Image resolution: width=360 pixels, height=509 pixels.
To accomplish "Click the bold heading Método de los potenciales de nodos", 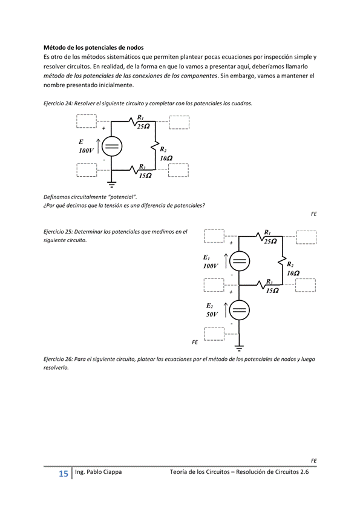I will [x=94, y=47].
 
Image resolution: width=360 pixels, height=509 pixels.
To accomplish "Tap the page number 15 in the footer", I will [x=63, y=473].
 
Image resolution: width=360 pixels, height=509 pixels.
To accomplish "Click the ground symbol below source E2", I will [x=240, y=348].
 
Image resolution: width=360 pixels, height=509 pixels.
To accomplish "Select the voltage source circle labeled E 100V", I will [x=112, y=146].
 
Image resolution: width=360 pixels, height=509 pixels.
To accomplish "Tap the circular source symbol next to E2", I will [x=240, y=310].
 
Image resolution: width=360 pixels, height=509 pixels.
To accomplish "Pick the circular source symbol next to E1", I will [x=240, y=261].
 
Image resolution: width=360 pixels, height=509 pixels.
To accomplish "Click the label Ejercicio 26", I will [x=58, y=359].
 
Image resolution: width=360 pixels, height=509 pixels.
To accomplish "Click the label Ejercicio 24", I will [x=58, y=103].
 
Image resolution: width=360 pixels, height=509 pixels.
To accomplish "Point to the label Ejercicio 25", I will [x=58, y=231].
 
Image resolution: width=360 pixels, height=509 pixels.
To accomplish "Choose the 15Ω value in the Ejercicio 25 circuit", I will [x=272, y=291].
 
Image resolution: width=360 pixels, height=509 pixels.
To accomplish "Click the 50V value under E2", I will [x=212, y=315].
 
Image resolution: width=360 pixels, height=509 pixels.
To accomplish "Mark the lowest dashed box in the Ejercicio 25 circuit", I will [x=214, y=333].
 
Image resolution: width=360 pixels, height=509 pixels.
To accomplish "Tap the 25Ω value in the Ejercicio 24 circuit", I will [x=143, y=126].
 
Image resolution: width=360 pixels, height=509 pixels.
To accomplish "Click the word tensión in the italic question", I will [x=107, y=205].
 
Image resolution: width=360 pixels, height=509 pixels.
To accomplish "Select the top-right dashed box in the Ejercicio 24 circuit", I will [x=179, y=122].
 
